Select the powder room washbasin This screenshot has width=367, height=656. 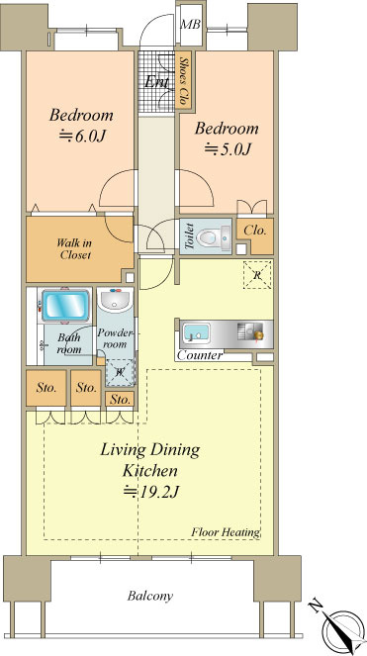click(x=115, y=301)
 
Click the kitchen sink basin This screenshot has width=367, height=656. click(x=197, y=333)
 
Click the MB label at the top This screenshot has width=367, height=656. click(x=190, y=25)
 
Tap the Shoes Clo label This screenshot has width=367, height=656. click(x=183, y=80)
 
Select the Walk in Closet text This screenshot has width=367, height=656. click(x=74, y=248)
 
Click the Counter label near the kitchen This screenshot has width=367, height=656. click(x=199, y=356)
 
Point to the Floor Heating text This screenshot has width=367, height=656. click(x=226, y=532)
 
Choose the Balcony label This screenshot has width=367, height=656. click(x=150, y=596)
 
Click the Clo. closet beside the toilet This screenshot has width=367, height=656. click(x=255, y=231)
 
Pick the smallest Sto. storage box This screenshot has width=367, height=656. click(x=120, y=399)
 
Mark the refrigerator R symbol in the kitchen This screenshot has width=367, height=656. click(x=258, y=274)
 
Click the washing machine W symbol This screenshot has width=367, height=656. click(x=121, y=371)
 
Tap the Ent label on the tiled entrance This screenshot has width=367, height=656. click(x=157, y=81)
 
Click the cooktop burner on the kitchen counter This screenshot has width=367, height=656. click(x=252, y=333)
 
